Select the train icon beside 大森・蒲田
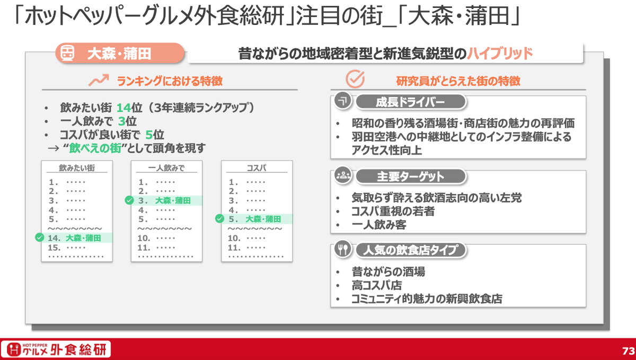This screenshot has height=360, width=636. [68, 54]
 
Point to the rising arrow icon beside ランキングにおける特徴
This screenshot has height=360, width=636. [99, 81]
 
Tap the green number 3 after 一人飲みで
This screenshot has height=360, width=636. [121, 121]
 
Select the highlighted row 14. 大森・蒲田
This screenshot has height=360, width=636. [77, 238]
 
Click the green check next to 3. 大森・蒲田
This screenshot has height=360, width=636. [129, 200]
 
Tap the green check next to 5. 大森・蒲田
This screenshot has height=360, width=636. [219, 218]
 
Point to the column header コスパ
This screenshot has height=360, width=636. [257, 168]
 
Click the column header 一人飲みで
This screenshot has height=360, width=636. [166, 168]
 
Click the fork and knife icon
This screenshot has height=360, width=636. [343, 249]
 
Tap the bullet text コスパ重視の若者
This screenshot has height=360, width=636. [393, 211]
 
